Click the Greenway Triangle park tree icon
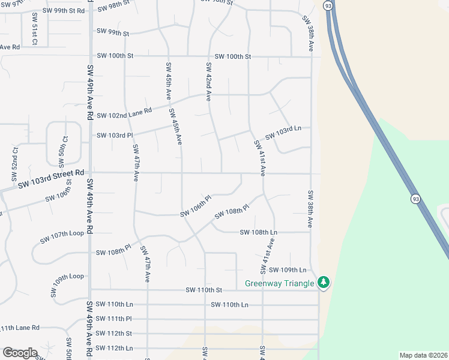click(x=324, y=282)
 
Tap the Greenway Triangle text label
click(x=280, y=283)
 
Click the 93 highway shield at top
click(x=327, y=5)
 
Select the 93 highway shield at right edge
click(x=415, y=198)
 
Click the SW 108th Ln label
click(x=258, y=232)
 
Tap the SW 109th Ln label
click(x=288, y=270)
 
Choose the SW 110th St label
click(x=203, y=290)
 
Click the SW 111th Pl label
click(x=113, y=319)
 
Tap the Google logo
click(x=20, y=353)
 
